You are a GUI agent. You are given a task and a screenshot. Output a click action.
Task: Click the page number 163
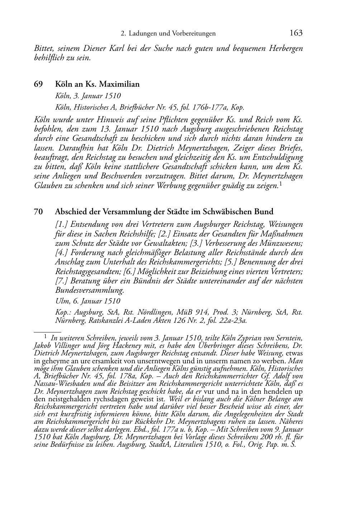coord(296,33)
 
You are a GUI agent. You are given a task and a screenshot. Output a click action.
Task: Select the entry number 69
coord(38,85)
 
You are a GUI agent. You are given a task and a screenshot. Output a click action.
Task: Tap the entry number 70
coord(38,212)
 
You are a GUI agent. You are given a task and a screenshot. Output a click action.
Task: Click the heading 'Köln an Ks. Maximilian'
coord(97,85)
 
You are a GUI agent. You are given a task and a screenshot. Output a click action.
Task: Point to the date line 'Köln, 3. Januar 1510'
coord(88,96)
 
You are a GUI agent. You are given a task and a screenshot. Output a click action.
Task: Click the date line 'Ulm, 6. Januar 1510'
coord(88,301)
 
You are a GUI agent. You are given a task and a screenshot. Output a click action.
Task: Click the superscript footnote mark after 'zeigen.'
coord(280,184)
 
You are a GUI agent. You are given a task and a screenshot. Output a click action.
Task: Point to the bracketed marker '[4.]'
coord(62,253)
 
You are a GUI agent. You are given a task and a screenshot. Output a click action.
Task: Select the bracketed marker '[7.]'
coord(62,281)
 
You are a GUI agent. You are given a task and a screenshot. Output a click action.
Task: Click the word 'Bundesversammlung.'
coord(90,290)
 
